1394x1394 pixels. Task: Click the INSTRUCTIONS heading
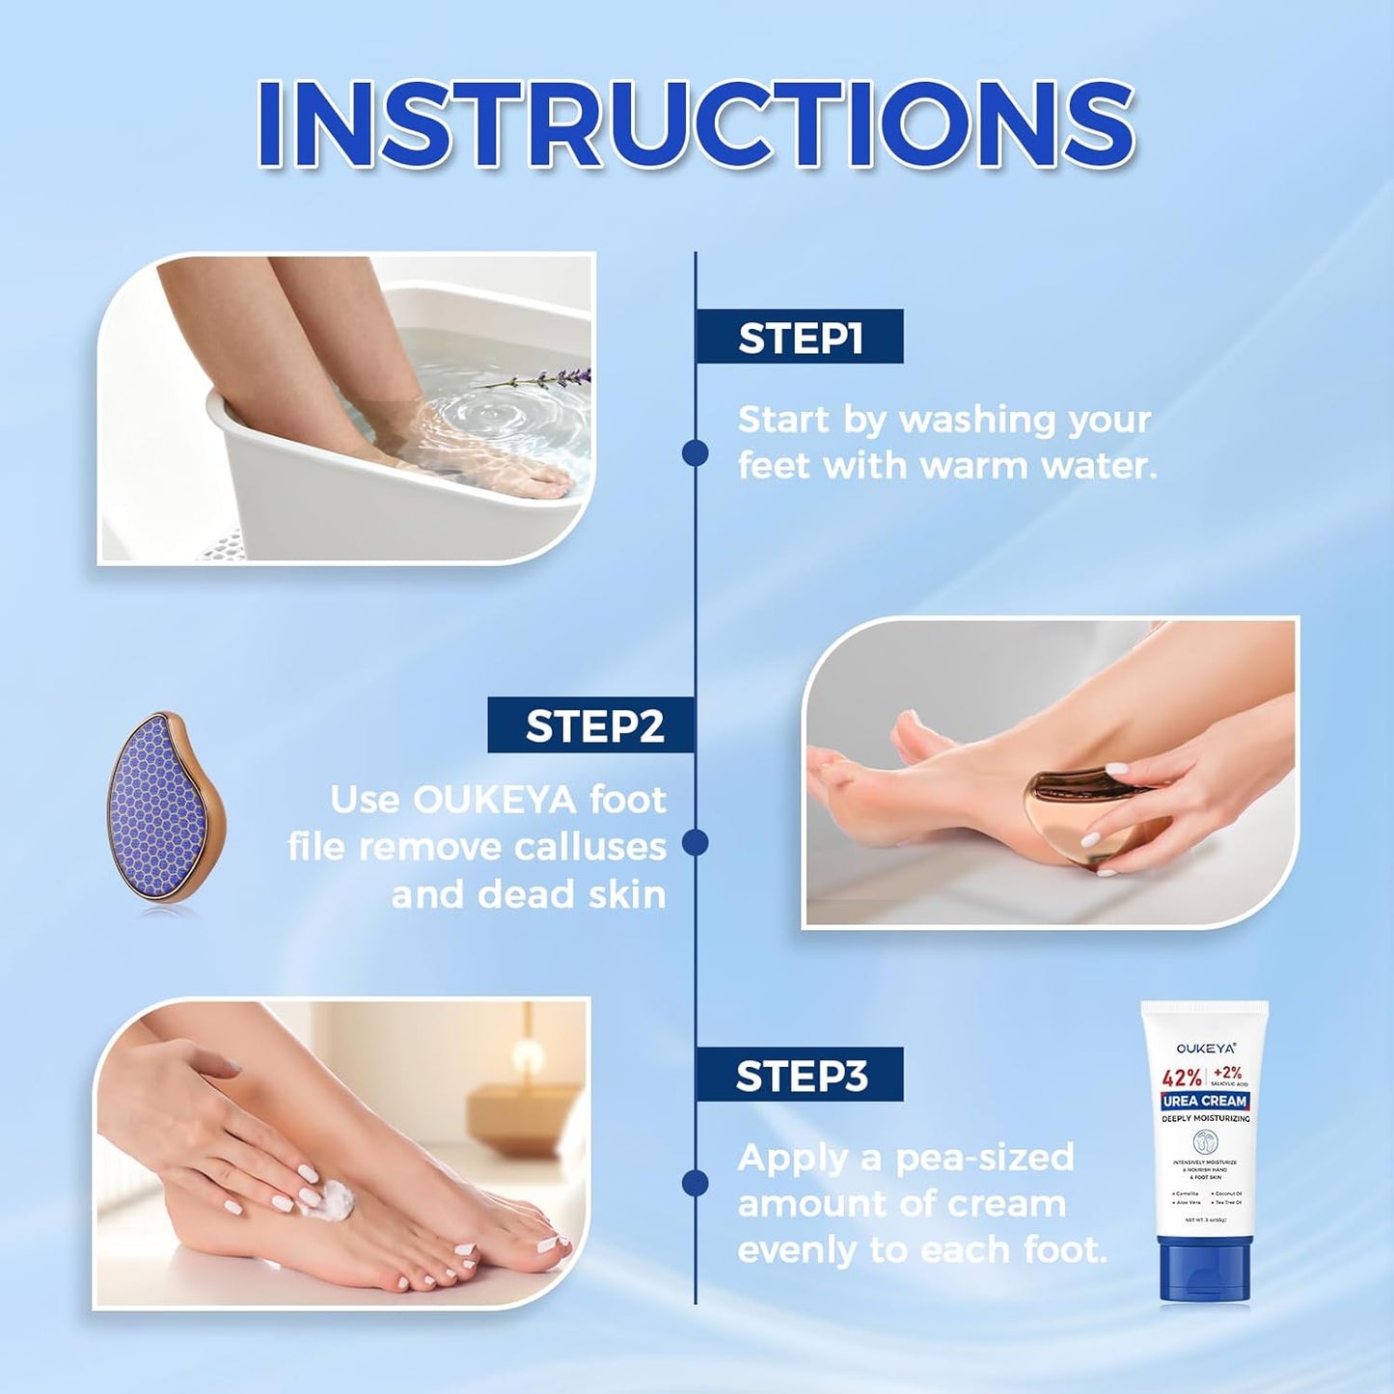tap(696, 124)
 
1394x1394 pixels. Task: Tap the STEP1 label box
tap(799, 338)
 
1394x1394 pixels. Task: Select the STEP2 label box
tap(592, 725)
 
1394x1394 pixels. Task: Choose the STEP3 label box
tap(800, 1075)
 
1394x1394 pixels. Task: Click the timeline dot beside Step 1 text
tap(695, 452)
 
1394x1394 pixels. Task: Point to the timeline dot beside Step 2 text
tap(695, 843)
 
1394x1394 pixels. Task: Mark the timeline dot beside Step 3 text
tap(695, 1183)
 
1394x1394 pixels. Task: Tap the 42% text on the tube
tap(1182, 1078)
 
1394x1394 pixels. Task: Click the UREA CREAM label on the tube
tap(1205, 1101)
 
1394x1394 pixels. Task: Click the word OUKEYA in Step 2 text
tap(494, 800)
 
